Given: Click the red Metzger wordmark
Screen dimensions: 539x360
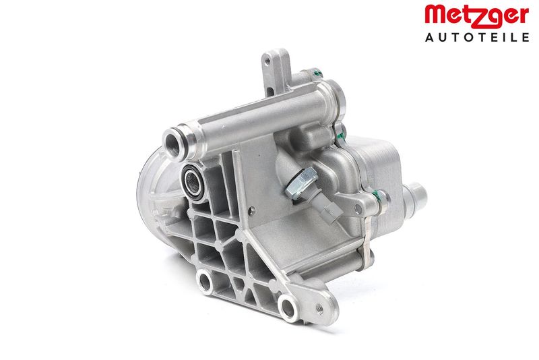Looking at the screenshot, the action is coord(476,15).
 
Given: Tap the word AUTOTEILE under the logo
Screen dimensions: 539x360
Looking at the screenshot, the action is coord(477,37).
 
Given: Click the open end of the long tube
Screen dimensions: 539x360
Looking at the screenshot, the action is coord(172,145).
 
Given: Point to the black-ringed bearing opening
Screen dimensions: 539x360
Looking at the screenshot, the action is coord(193,181).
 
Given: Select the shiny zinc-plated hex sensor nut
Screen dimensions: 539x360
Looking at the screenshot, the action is coord(301,183).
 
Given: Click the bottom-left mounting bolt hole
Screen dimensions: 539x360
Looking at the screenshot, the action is coord(205,282).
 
